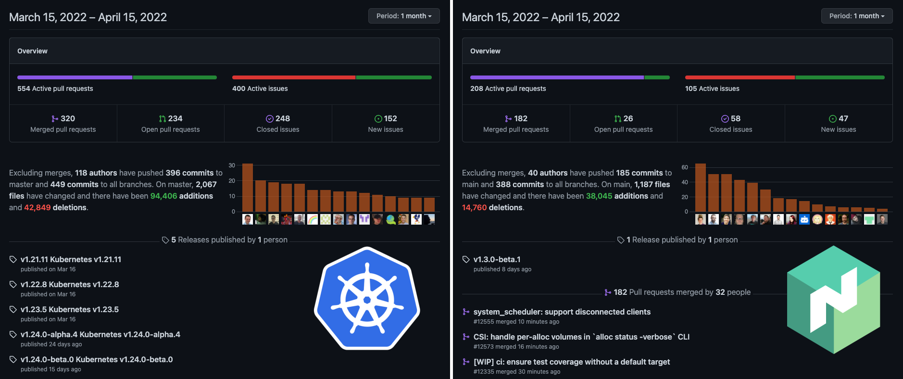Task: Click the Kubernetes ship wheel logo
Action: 367,299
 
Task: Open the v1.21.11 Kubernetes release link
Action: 71,259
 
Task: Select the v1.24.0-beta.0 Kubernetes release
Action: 96,359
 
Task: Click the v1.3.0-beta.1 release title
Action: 497,259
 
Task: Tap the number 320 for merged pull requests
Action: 67,118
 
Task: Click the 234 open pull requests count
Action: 175,118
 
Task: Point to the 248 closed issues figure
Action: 282,118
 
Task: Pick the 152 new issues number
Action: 390,118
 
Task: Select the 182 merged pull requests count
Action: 520,118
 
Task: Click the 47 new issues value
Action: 843,118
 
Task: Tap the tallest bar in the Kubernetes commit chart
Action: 248,188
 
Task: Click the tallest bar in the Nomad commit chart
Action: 701,188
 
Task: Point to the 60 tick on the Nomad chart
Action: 685,167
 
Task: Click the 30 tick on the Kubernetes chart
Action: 232,165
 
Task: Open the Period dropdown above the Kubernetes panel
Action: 404,16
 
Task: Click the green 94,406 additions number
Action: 163,196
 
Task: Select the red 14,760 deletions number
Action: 474,207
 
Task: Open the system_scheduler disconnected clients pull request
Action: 562,312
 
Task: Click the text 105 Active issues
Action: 712,88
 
